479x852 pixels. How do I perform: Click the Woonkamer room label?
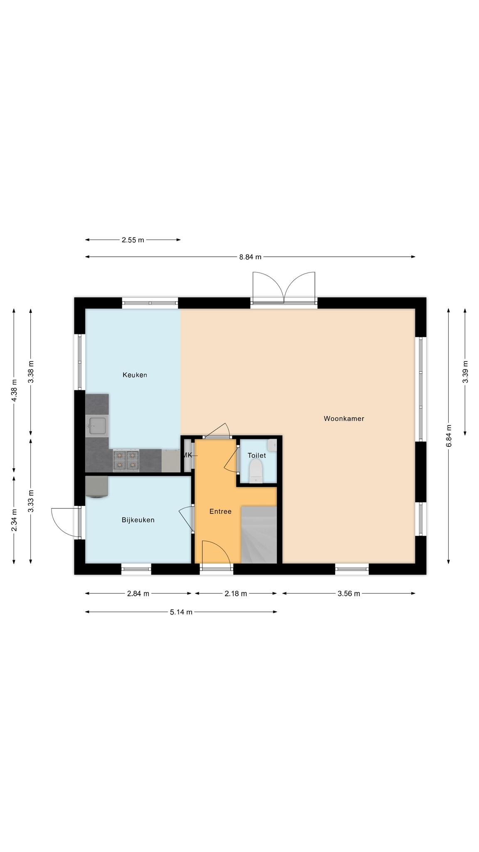[344, 419]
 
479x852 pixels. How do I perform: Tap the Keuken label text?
[135, 375]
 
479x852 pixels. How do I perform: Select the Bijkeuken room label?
[138, 520]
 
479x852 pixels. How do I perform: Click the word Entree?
[220, 511]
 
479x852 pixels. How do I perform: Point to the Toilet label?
[257, 456]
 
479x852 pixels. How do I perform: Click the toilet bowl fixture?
[256, 472]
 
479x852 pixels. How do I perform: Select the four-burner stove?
[126, 461]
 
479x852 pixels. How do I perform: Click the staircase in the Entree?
[259, 535]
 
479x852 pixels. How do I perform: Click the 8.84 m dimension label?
[250, 257]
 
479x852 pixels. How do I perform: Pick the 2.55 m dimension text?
[133, 240]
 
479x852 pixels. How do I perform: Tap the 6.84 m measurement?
[449, 436]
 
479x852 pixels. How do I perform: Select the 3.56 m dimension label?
[348, 594]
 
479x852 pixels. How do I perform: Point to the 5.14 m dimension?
[181, 612]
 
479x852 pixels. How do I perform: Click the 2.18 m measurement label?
[236, 594]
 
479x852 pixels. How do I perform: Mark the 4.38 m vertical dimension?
[14, 391]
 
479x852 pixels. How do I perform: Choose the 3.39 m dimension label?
[465, 372]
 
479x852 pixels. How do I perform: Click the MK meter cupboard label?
[187, 455]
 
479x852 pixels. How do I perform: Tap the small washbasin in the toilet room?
[272, 445]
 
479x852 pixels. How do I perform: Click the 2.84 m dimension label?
[138, 594]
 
